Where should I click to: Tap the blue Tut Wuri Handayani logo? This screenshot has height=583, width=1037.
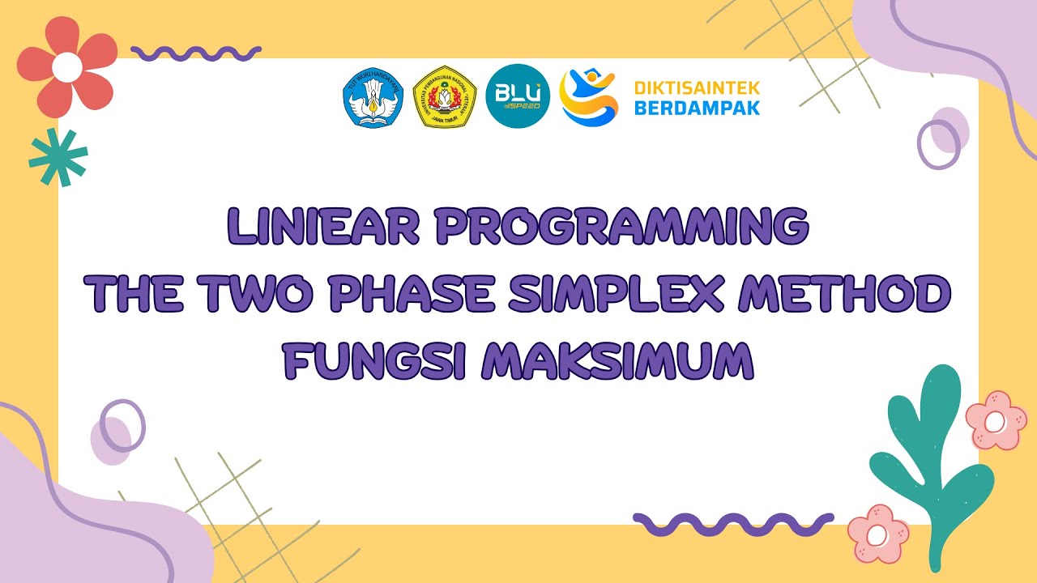click(x=373, y=96)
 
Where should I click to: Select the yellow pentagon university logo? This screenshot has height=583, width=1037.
click(x=444, y=96)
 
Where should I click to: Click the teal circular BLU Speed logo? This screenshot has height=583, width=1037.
click(x=518, y=96)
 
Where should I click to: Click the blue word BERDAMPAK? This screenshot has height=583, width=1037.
click(x=697, y=107)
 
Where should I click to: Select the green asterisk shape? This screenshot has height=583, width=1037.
click(x=58, y=157)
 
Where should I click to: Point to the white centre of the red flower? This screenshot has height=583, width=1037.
click(x=66, y=65)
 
